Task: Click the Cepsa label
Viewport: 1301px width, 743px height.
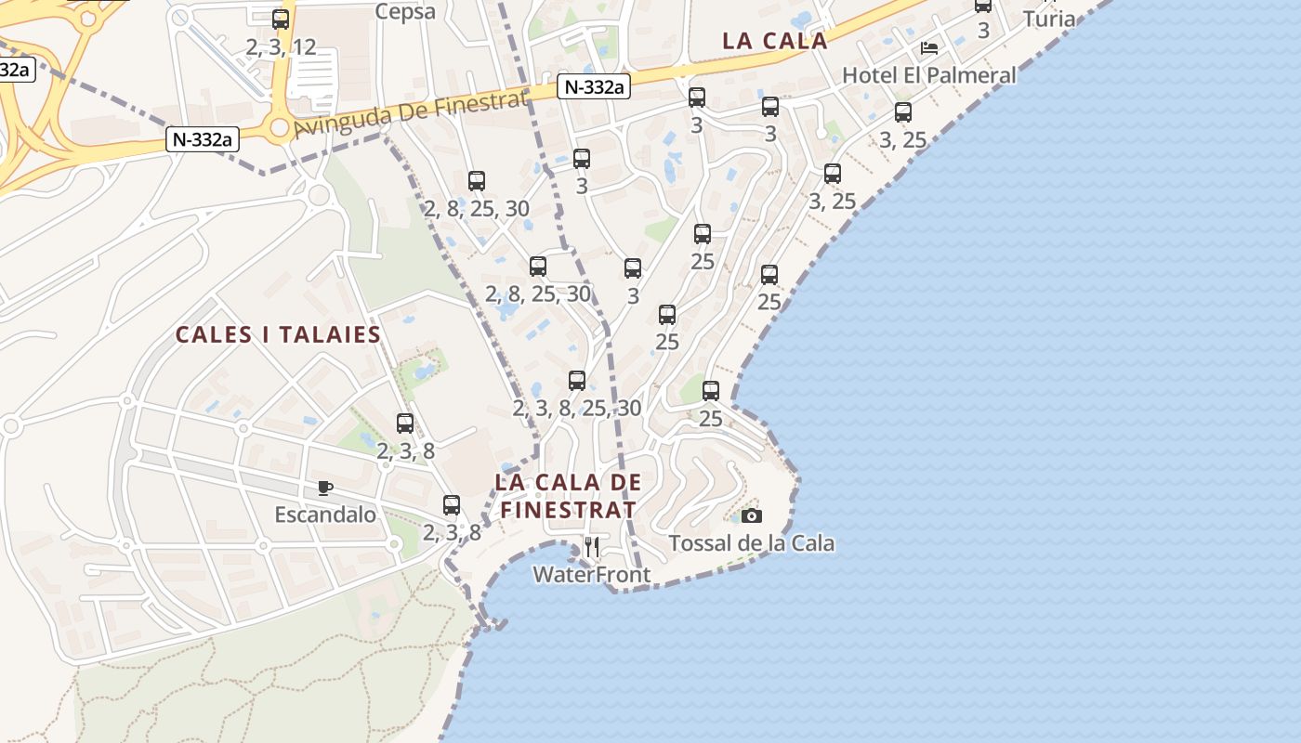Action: (x=405, y=11)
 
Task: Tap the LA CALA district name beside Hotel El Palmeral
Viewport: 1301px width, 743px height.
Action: (x=775, y=41)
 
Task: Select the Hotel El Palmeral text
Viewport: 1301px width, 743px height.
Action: (x=928, y=75)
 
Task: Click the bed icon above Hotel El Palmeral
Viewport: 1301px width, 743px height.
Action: (x=928, y=48)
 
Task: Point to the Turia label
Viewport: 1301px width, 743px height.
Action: (x=1049, y=19)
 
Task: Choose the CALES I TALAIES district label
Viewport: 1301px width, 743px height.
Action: (x=279, y=334)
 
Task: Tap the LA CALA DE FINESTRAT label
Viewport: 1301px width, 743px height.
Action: (x=569, y=496)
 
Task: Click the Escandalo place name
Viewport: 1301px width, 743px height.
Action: (x=325, y=515)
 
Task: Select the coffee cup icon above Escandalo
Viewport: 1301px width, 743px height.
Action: (x=324, y=488)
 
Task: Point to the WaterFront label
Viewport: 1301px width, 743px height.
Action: (x=592, y=575)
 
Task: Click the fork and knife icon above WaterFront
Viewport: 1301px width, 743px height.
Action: (x=592, y=547)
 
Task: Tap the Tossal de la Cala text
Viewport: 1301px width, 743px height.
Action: (x=752, y=543)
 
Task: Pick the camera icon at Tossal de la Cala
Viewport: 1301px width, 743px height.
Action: (x=752, y=515)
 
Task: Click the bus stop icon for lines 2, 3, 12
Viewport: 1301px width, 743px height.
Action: (x=281, y=19)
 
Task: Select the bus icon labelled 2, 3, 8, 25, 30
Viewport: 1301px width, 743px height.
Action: (x=577, y=380)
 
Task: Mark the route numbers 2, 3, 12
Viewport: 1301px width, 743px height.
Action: (x=282, y=46)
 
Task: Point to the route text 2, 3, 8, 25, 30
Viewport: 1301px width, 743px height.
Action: (x=577, y=408)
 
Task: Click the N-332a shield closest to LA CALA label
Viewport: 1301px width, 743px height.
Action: (x=594, y=87)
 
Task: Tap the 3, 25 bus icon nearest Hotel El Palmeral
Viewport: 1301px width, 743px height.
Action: (x=903, y=112)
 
